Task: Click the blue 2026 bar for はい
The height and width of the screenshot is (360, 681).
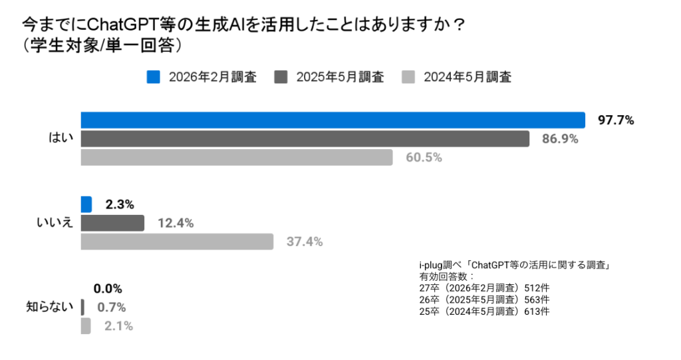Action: click(333, 120)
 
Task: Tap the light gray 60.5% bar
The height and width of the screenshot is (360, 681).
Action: click(237, 157)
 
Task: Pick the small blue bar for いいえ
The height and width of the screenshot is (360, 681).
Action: click(86, 204)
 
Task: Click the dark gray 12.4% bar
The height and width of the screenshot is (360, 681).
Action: click(112, 223)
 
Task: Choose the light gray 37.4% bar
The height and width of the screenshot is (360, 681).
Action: click(177, 242)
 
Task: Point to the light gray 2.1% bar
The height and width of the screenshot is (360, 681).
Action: click(86, 326)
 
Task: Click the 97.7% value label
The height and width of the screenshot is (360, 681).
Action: click(616, 120)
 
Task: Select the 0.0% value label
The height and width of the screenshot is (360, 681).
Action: click(108, 289)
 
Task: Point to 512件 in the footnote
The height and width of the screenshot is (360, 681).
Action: click(537, 288)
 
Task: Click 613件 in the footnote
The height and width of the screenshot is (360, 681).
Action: click(537, 311)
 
